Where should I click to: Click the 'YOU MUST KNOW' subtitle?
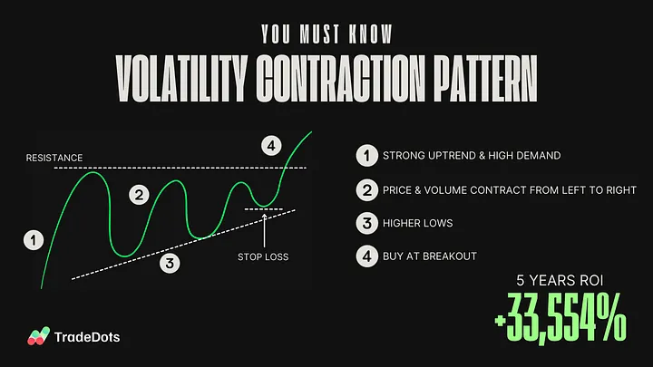326,34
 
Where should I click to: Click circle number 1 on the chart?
34,240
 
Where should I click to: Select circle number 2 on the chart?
138,193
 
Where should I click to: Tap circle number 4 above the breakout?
270,145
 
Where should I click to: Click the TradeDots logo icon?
37,336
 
